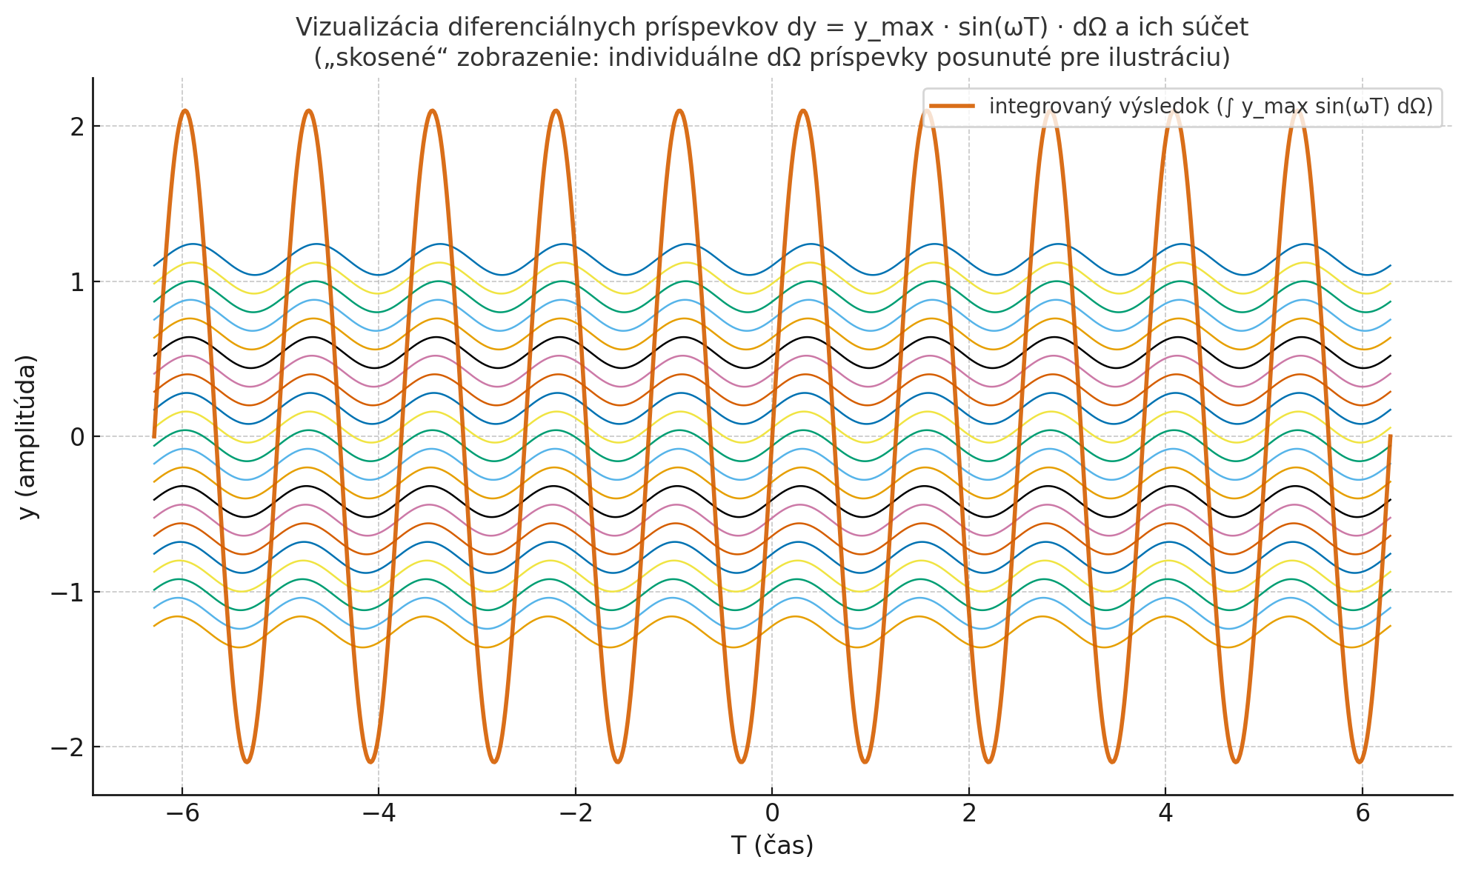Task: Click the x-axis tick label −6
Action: (x=182, y=814)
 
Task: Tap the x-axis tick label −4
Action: (x=379, y=814)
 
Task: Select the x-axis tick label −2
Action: (x=576, y=814)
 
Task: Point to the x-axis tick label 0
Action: (x=772, y=814)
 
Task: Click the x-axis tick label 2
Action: (x=969, y=814)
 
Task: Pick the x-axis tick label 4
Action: (x=1165, y=814)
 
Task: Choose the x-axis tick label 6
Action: (x=1363, y=814)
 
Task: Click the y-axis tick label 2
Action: (x=76, y=127)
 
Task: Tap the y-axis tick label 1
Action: (x=76, y=282)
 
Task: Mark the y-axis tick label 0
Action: (x=76, y=437)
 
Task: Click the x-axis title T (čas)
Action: (x=772, y=845)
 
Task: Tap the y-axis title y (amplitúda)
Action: (x=27, y=437)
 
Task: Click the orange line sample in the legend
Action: (x=952, y=107)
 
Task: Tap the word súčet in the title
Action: (x=1217, y=27)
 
